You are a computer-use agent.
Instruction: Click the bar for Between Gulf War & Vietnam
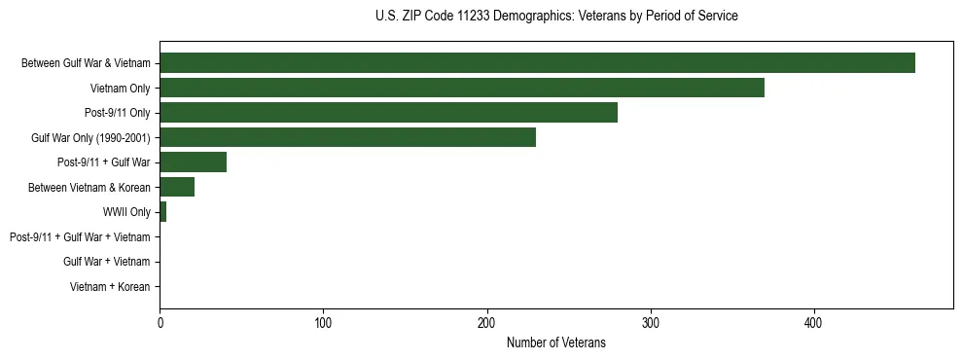point(537,63)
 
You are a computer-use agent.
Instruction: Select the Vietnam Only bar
point(462,88)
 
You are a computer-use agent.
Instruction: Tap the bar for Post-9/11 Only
point(388,113)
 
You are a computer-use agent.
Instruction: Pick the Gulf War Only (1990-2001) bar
point(347,137)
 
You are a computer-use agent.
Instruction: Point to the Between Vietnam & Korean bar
point(177,187)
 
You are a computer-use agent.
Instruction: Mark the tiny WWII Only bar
point(162,212)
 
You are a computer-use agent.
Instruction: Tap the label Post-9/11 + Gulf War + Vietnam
point(80,237)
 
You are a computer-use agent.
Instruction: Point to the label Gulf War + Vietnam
point(106,262)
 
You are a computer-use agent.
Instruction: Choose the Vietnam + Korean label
point(110,287)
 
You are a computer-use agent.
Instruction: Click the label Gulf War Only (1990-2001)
point(90,138)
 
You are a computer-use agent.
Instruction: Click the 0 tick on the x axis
point(160,322)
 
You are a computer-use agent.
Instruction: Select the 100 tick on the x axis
point(323,322)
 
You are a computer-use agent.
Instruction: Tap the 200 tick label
point(487,322)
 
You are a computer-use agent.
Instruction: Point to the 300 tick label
point(651,322)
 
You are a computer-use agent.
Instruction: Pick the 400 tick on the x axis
point(814,322)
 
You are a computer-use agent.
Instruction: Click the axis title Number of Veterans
point(555,342)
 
